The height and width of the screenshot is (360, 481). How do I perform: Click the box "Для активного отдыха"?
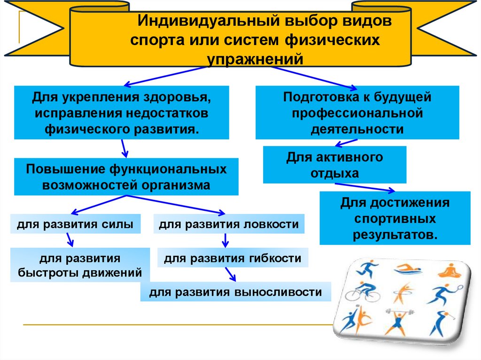pyautogui.click(x=334, y=165)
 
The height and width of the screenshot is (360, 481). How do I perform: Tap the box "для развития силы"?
pyautogui.click(x=76, y=224)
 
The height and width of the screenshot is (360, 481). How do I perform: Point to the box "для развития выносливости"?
pyautogui.click(x=235, y=292)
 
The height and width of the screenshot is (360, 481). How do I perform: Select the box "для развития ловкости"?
pyautogui.click(x=229, y=224)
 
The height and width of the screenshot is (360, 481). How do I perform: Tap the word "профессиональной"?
pyautogui.click(x=357, y=113)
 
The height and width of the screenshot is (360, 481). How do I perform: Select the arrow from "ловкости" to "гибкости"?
pyautogui.click(x=225, y=241)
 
